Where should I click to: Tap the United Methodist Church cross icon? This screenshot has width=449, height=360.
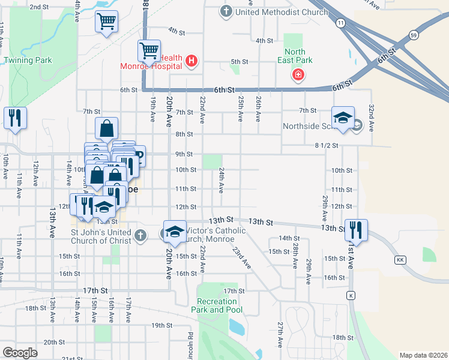226,11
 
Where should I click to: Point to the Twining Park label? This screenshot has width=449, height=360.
28,60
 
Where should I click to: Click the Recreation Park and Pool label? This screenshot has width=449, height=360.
217,305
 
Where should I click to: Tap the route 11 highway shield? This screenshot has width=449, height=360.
340,23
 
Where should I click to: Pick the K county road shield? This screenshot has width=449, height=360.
351,296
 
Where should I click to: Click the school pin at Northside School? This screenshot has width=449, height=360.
343,118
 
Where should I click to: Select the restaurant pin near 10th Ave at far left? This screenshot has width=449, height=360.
15,118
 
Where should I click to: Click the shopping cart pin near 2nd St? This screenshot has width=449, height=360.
106,22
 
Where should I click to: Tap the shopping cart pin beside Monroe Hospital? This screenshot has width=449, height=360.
148,51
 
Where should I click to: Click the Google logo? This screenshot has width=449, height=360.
20,353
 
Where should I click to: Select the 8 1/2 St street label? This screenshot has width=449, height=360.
327,145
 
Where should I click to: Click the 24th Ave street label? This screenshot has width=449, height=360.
221,180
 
